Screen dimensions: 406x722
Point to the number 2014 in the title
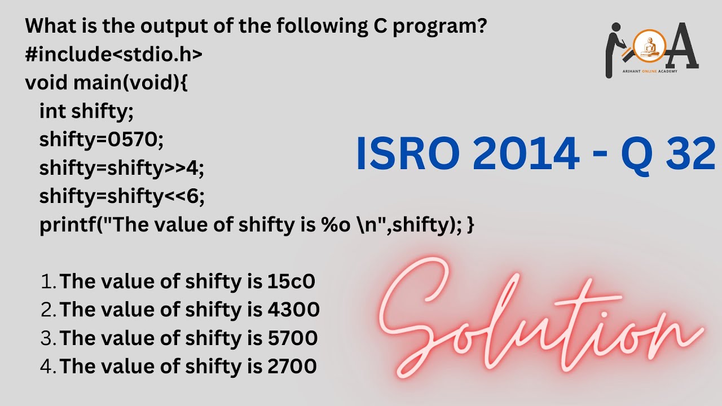point(525,155)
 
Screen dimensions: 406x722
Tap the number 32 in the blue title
point(690,155)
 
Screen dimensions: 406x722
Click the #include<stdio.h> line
point(113,54)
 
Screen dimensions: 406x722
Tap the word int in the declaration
point(52,111)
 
